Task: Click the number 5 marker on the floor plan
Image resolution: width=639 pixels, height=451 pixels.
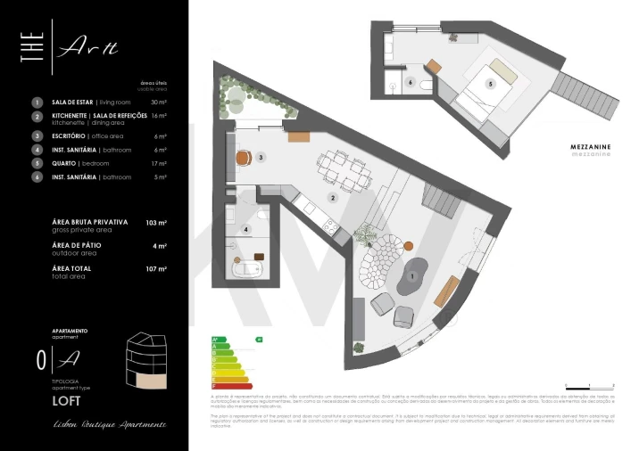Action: pyautogui.click(x=490, y=84)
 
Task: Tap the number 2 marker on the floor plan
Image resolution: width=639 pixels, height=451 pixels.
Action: pyautogui.click(x=332, y=197)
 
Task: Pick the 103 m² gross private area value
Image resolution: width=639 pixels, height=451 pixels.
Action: pyautogui.click(x=156, y=223)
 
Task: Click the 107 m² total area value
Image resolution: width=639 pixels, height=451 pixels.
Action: pyautogui.click(x=156, y=268)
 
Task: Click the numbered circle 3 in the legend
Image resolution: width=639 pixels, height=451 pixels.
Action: pyautogui.click(x=37, y=135)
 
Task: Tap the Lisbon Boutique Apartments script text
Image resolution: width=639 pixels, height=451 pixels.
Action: pyautogui.click(x=108, y=424)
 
